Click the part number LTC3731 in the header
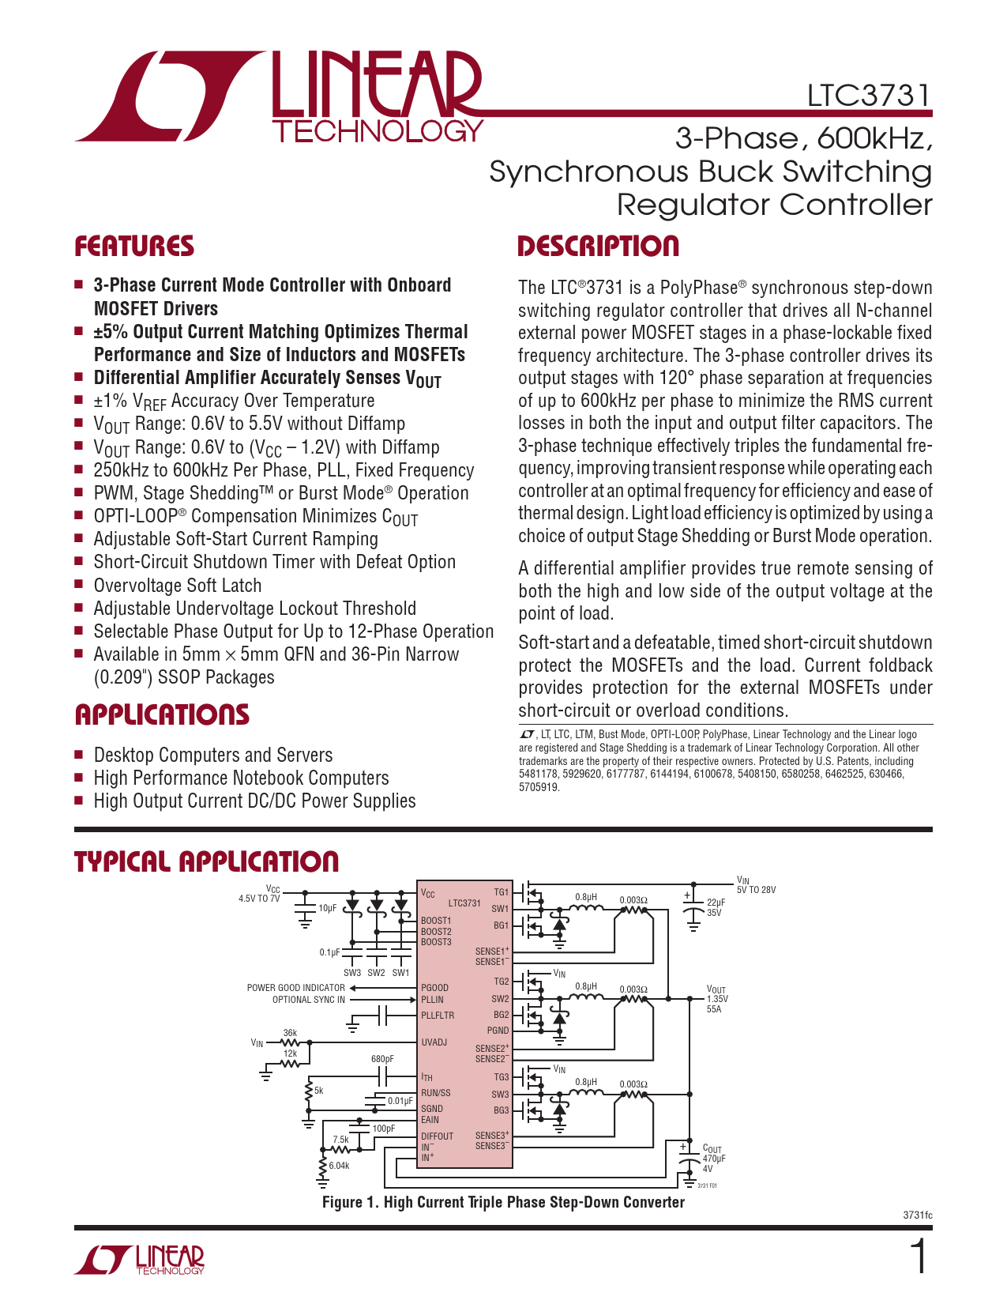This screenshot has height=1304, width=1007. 869,96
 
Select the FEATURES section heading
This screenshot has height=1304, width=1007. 134,247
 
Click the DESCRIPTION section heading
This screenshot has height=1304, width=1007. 598,247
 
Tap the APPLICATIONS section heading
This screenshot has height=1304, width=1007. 162,715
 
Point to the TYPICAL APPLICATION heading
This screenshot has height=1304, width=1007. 206,861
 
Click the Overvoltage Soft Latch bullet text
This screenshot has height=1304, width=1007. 177,586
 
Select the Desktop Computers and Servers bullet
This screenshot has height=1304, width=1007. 212,755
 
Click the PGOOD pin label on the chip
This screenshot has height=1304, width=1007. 434,988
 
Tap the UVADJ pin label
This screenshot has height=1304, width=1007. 434,1042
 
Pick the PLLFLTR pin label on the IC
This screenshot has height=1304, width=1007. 438,1016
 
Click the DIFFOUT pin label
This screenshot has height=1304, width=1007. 437,1136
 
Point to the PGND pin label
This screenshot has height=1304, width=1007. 498,1031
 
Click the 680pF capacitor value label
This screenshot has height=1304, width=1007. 382,1059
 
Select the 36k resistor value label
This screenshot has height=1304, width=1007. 290,1033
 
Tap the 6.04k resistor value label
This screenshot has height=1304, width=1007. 339,1166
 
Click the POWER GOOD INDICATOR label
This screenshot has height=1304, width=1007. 295,988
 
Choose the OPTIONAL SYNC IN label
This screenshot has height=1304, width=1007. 308,1000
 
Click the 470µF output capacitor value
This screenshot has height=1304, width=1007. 714,1159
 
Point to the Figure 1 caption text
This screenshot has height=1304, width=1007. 503,1202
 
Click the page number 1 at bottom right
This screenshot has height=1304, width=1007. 919,1257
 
